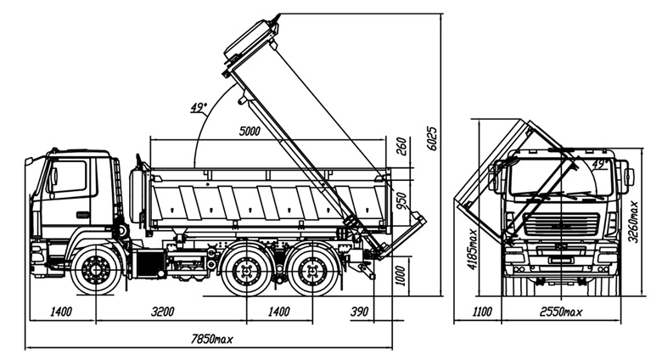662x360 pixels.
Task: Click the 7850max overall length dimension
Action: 212,339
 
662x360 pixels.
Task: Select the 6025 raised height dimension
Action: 433,138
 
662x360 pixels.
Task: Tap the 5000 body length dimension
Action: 250,132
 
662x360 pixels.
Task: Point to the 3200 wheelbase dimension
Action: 163,312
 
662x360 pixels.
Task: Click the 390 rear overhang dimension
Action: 359,312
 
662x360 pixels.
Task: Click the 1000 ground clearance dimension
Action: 401,276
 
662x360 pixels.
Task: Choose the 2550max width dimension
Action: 561,312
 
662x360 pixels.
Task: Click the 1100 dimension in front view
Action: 482,312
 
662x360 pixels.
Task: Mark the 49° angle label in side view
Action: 197,108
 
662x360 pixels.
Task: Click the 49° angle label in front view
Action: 598,164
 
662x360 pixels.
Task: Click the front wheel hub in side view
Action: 96,269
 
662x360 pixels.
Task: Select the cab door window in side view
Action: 68,177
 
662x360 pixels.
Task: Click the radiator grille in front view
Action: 561,223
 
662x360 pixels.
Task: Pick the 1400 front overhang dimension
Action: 61,312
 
